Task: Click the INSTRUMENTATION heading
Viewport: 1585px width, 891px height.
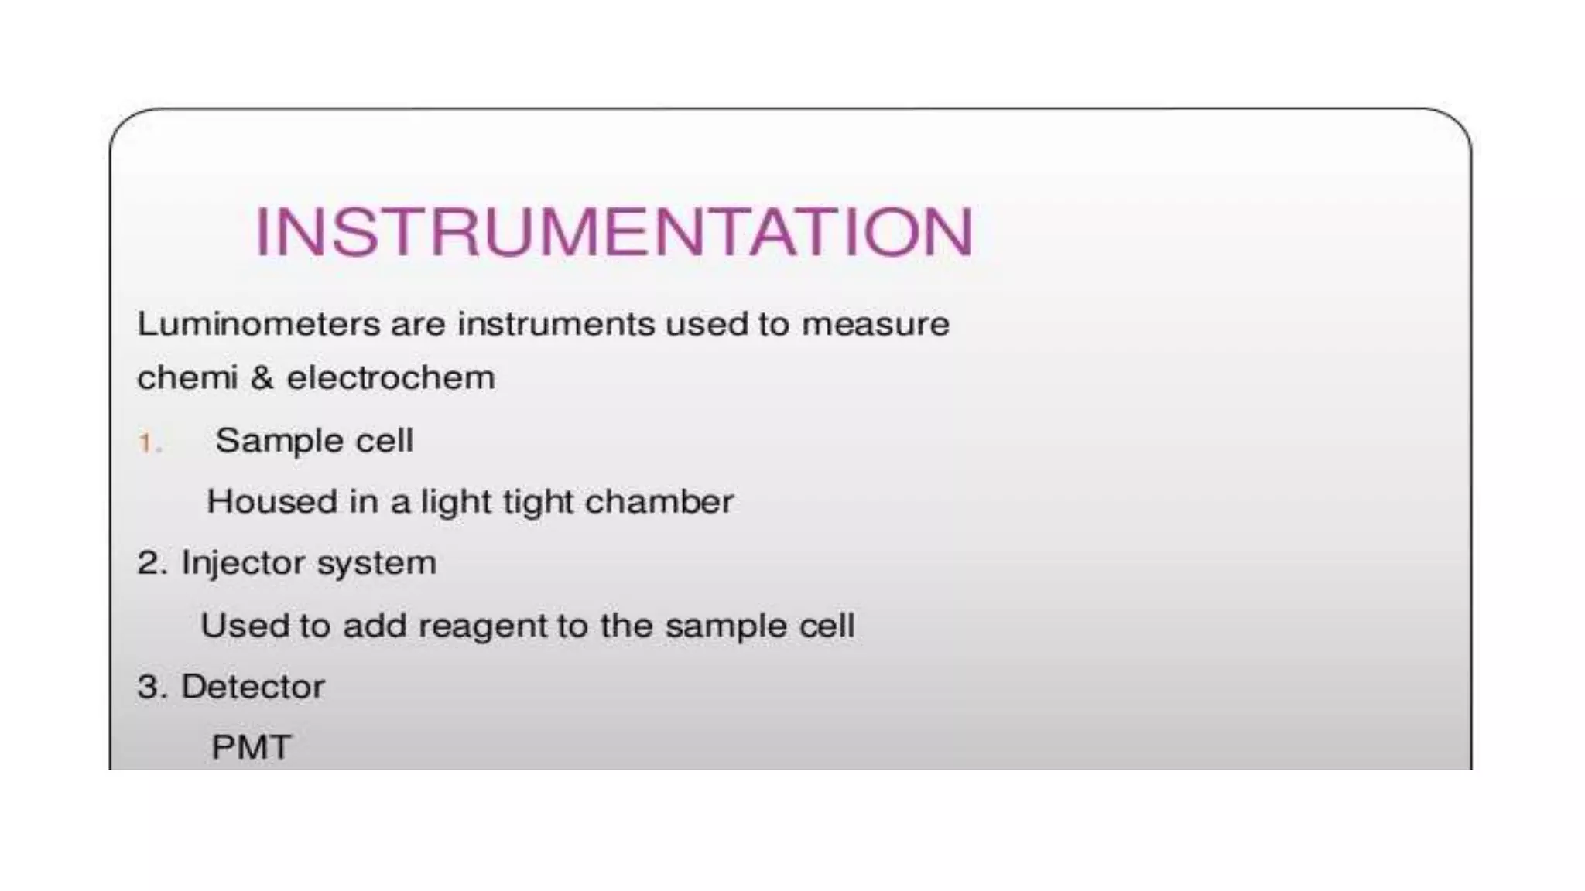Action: [613, 231]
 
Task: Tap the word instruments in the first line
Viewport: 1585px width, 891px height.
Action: [556, 324]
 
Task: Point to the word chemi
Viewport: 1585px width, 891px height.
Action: [187, 378]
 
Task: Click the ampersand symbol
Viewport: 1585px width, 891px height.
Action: [262, 378]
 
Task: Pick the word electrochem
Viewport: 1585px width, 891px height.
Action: [391, 378]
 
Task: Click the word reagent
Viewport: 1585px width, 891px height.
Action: [487, 626]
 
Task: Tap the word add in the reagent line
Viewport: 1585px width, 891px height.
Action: [375, 625]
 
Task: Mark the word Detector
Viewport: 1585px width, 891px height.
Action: [252, 687]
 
